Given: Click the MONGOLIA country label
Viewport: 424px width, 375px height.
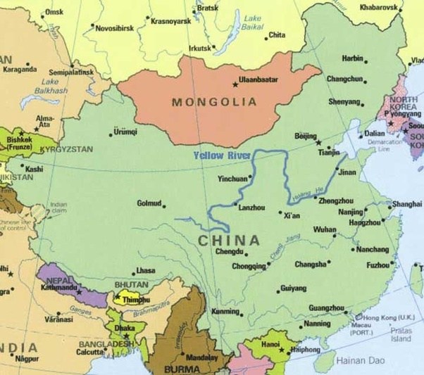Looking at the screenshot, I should tap(215, 102).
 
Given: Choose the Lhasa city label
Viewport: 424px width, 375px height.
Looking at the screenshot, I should tap(145, 270).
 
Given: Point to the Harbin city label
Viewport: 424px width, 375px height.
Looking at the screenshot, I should tap(352, 58).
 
